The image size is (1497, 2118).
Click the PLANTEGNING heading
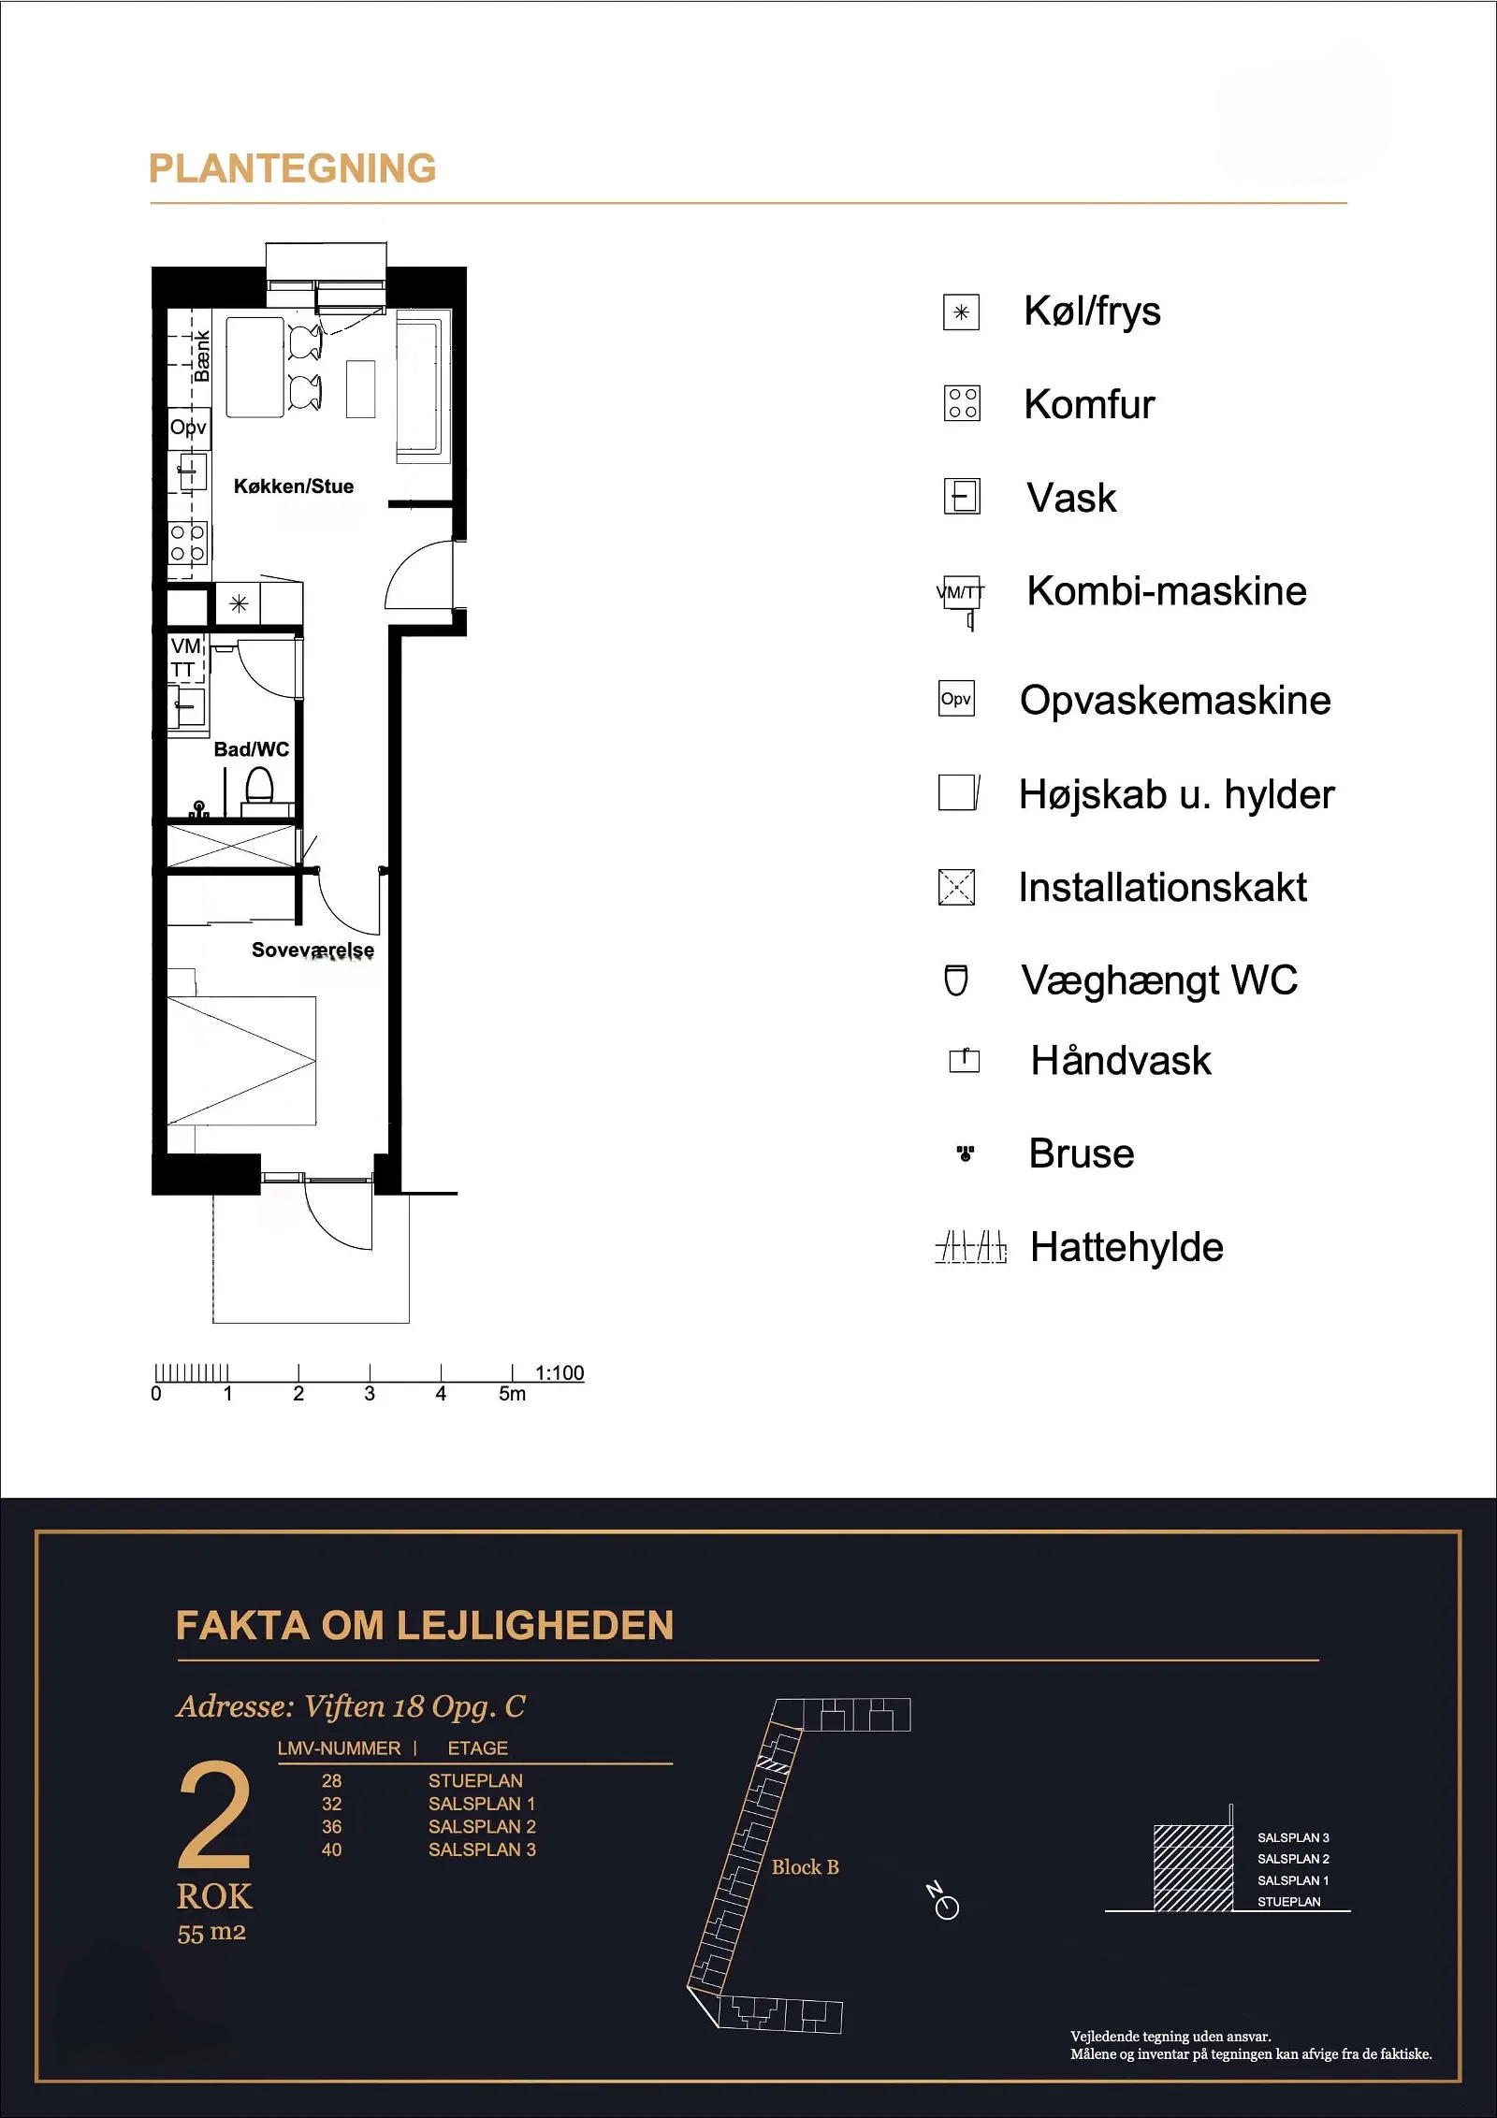[293, 168]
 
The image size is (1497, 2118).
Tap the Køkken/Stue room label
[294, 486]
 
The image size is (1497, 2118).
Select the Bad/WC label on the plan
[252, 749]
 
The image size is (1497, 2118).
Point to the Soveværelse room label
[312, 950]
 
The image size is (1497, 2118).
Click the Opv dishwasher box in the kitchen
[188, 428]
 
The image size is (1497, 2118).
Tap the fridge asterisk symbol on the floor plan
[239, 603]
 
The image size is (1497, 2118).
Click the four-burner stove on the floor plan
[186, 544]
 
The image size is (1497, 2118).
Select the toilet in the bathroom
[259, 786]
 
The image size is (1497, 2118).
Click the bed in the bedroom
[241, 1060]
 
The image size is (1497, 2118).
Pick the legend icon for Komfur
[962, 403]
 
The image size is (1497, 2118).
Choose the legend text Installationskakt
[1162, 887]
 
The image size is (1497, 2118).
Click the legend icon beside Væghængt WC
[956, 980]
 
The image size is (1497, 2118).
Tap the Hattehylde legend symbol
[971, 1247]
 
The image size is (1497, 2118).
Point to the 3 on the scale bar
[370, 1394]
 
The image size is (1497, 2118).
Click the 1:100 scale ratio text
[560, 1372]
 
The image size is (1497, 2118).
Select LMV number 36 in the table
[332, 1826]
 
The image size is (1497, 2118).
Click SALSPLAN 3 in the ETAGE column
[482, 1850]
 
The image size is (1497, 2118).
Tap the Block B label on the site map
[806, 1867]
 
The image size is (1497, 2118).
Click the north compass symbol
[944, 1901]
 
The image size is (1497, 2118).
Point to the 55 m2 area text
[211, 1933]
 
